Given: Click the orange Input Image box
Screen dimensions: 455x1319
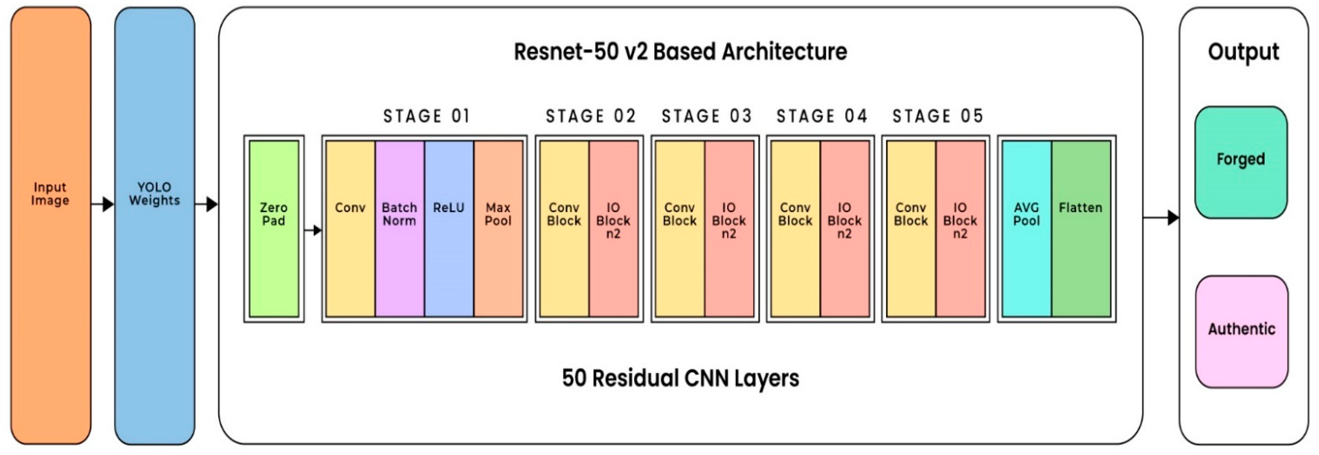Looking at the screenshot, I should (x=50, y=225).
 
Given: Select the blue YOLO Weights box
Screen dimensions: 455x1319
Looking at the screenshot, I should (x=154, y=225).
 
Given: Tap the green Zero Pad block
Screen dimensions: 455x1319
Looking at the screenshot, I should (x=273, y=228).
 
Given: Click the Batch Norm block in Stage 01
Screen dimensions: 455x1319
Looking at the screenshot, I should (x=400, y=228).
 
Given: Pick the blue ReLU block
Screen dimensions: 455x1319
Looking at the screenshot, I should (x=449, y=228).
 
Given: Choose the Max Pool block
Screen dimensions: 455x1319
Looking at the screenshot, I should (x=498, y=228).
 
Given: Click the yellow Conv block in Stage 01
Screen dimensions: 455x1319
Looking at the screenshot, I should (x=350, y=228).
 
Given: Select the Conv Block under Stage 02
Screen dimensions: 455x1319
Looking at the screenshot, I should (x=564, y=228).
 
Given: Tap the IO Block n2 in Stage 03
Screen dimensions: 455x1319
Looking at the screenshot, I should (x=729, y=228).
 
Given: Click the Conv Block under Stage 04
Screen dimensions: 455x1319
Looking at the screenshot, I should (x=795, y=228).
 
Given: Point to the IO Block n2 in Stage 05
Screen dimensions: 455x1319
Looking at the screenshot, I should (x=960, y=228).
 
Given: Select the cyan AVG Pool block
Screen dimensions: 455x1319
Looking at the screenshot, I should (x=1026, y=228).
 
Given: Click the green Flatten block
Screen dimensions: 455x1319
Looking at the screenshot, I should (x=1080, y=228).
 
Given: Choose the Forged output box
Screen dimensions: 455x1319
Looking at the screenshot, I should (x=1241, y=162).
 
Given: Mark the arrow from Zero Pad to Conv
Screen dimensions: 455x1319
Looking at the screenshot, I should (x=313, y=230).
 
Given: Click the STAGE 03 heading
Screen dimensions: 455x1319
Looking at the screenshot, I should (x=706, y=116).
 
